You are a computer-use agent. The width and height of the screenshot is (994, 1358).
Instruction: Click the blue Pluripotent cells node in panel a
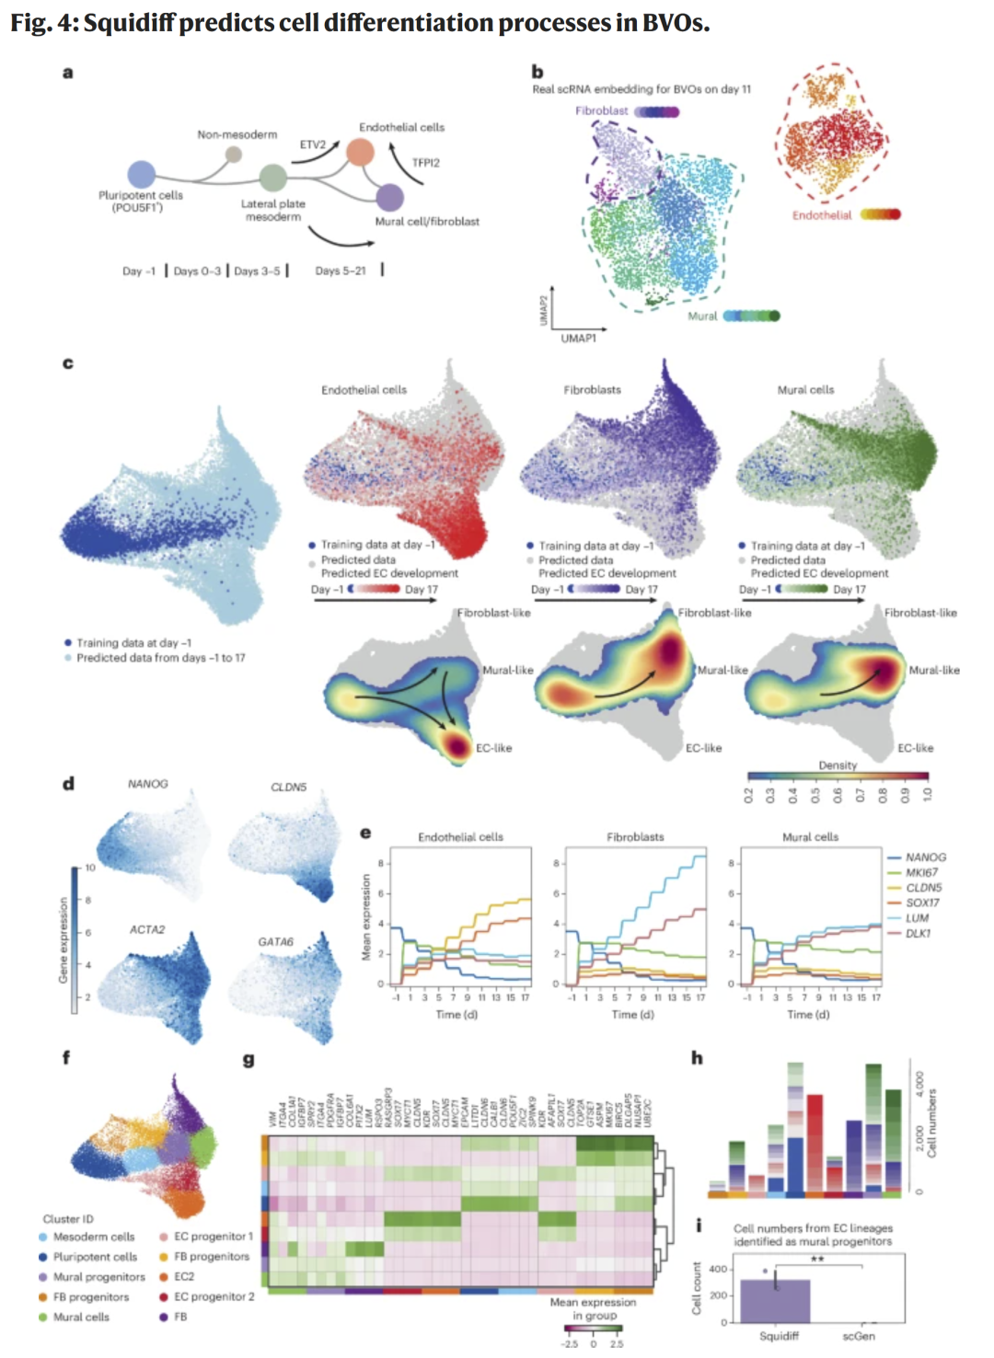pyautogui.click(x=141, y=174)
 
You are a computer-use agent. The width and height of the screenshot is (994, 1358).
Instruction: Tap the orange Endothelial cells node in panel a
pyautogui.click(x=360, y=151)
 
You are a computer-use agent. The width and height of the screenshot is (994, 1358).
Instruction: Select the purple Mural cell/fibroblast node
pyautogui.click(x=390, y=197)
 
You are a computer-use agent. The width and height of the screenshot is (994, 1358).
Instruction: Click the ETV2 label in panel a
pyautogui.click(x=312, y=144)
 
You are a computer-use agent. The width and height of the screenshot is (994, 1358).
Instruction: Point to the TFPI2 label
pyautogui.click(x=425, y=163)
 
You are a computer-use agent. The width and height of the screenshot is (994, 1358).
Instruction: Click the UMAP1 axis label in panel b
pyautogui.click(x=578, y=339)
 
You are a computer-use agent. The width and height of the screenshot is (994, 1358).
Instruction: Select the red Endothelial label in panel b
pyautogui.click(x=822, y=215)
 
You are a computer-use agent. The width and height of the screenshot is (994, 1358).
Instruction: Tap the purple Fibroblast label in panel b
pyautogui.click(x=601, y=111)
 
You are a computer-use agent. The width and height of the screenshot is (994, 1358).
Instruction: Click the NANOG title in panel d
pyautogui.click(x=147, y=784)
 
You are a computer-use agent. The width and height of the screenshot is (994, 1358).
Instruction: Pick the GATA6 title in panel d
pyautogui.click(x=275, y=941)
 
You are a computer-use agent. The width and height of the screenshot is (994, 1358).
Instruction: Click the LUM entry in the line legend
pyautogui.click(x=917, y=918)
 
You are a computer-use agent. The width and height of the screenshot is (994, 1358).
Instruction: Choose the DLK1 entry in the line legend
pyautogui.click(x=918, y=933)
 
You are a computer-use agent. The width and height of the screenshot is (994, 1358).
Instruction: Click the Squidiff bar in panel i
pyautogui.click(x=775, y=1300)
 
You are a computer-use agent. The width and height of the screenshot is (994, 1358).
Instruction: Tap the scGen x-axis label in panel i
pyautogui.click(x=858, y=1336)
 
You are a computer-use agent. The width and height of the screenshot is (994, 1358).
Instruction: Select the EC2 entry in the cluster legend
pyautogui.click(x=184, y=1277)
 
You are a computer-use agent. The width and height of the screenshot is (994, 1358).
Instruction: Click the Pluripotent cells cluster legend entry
pyautogui.click(x=95, y=1257)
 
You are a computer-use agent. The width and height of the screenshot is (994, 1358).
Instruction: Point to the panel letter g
pyautogui.click(x=248, y=1059)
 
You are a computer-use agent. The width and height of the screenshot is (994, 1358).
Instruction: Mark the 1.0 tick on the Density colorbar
pyautogui.click(x=927, y=793)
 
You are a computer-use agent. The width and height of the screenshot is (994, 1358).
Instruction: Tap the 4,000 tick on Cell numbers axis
pyautogui.click(x=919, y=1082)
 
